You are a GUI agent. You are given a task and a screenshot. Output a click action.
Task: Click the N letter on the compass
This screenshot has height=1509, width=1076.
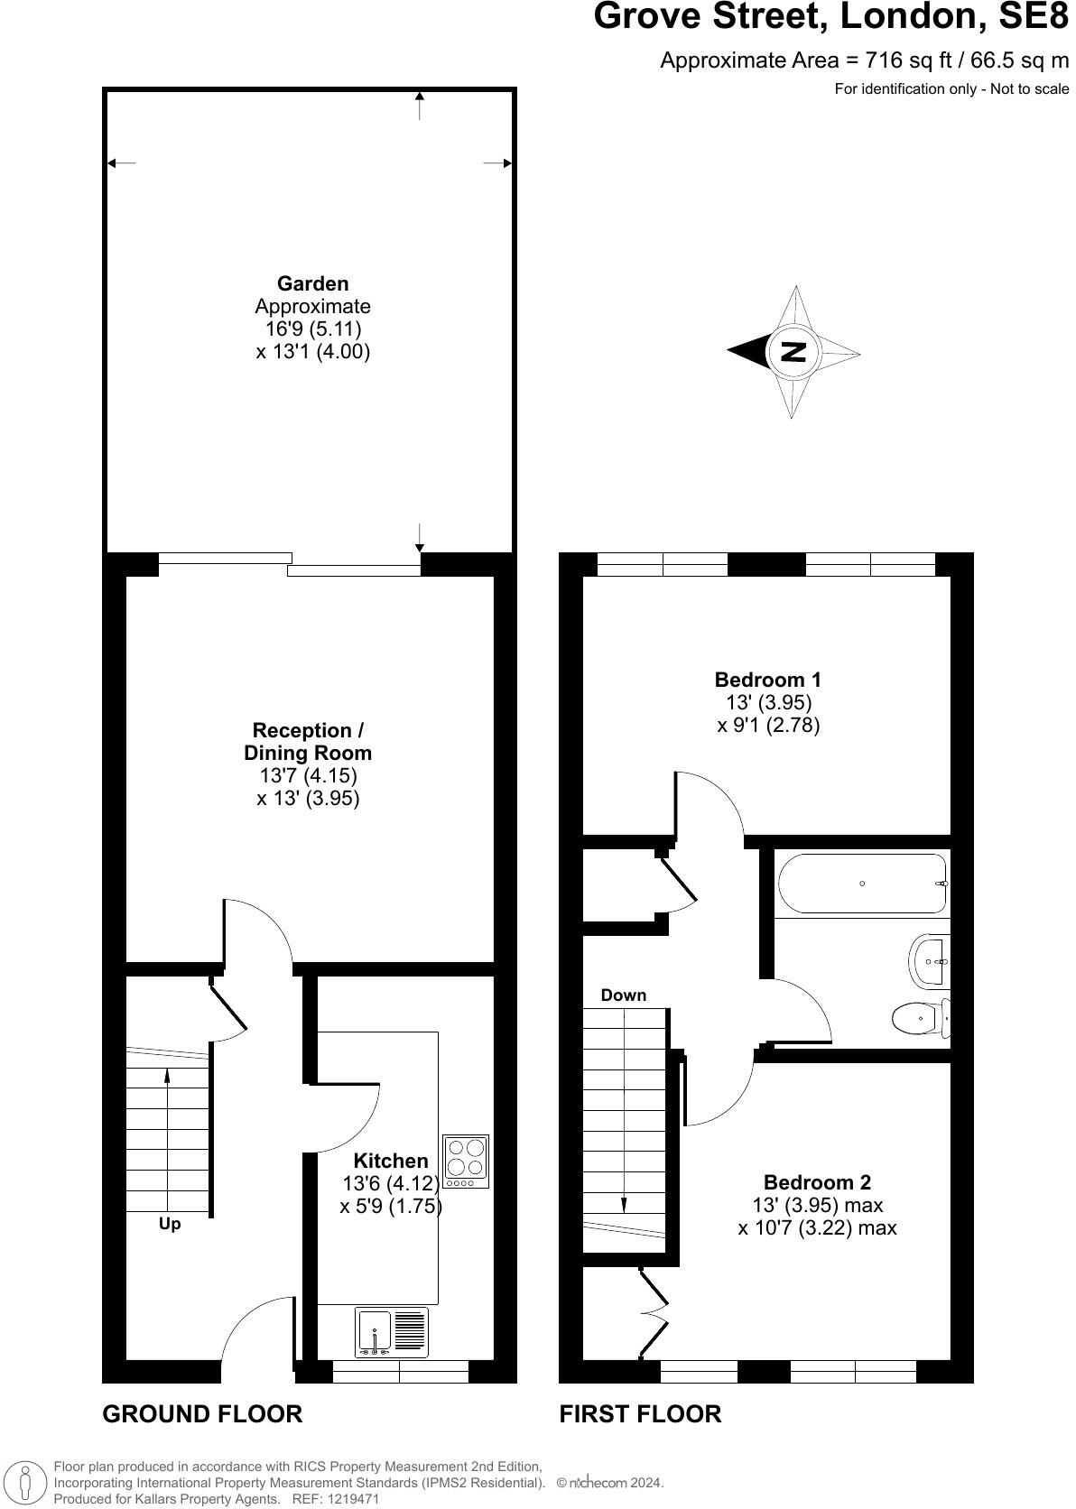pos(793,352)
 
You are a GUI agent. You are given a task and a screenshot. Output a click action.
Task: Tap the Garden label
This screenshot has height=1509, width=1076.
pos(312,283)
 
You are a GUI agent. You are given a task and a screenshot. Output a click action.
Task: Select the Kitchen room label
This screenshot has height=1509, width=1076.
pos(390,1161)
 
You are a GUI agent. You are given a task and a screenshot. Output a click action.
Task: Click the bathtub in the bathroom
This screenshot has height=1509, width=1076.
pos(862,884)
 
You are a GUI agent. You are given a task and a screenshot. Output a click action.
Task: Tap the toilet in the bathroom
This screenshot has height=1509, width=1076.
pos(919,1019)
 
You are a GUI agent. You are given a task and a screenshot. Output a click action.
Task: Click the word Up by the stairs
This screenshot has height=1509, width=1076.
pos(170,1224)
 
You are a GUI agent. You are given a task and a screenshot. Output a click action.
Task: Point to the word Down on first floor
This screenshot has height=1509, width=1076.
pos(624,995)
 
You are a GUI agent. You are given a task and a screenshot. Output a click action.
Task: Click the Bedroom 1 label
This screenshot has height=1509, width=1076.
pos(767,680)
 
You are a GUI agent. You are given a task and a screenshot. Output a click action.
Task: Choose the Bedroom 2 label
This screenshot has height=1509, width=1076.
pos(817,1182)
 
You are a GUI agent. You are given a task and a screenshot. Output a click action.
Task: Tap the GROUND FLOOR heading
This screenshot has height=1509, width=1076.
pos(202,1413)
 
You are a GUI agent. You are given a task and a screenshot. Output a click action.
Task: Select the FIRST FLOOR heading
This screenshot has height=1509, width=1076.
pos(640,1413)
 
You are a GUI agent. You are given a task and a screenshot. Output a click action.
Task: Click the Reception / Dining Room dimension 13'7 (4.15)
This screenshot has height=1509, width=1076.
pos(308,775)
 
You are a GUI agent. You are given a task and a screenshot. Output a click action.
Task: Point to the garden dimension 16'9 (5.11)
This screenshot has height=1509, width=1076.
pos(312,329)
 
